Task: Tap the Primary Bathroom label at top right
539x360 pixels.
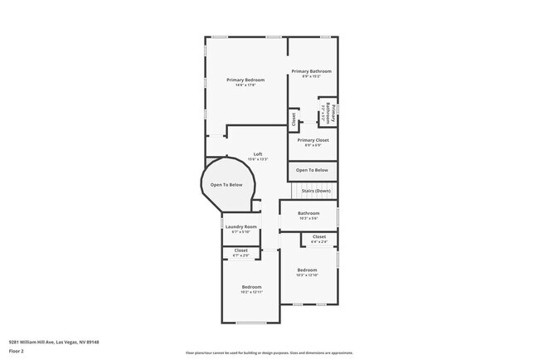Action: [311, 71]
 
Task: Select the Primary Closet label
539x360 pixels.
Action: [313, 140]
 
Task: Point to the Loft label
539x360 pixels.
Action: [258, 154]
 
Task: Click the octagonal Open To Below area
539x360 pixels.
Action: [226, 185]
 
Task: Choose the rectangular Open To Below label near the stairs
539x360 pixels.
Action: [312, 170]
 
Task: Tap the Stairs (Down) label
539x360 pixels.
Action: [316, 191]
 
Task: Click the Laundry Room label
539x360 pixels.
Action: [241, 226]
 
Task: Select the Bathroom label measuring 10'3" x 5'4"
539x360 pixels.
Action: [308, 213]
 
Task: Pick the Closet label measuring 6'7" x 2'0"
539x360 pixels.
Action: [241, 250]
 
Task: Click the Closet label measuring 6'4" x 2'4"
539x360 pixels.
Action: [319, 236]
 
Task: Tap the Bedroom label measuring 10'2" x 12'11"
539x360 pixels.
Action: [251, 288]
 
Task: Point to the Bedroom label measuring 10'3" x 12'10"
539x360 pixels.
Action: [308, 270]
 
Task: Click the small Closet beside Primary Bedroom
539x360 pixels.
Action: [293, 119]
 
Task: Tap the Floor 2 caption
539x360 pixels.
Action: [17, 351]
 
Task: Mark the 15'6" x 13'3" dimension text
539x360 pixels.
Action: [258, 159]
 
